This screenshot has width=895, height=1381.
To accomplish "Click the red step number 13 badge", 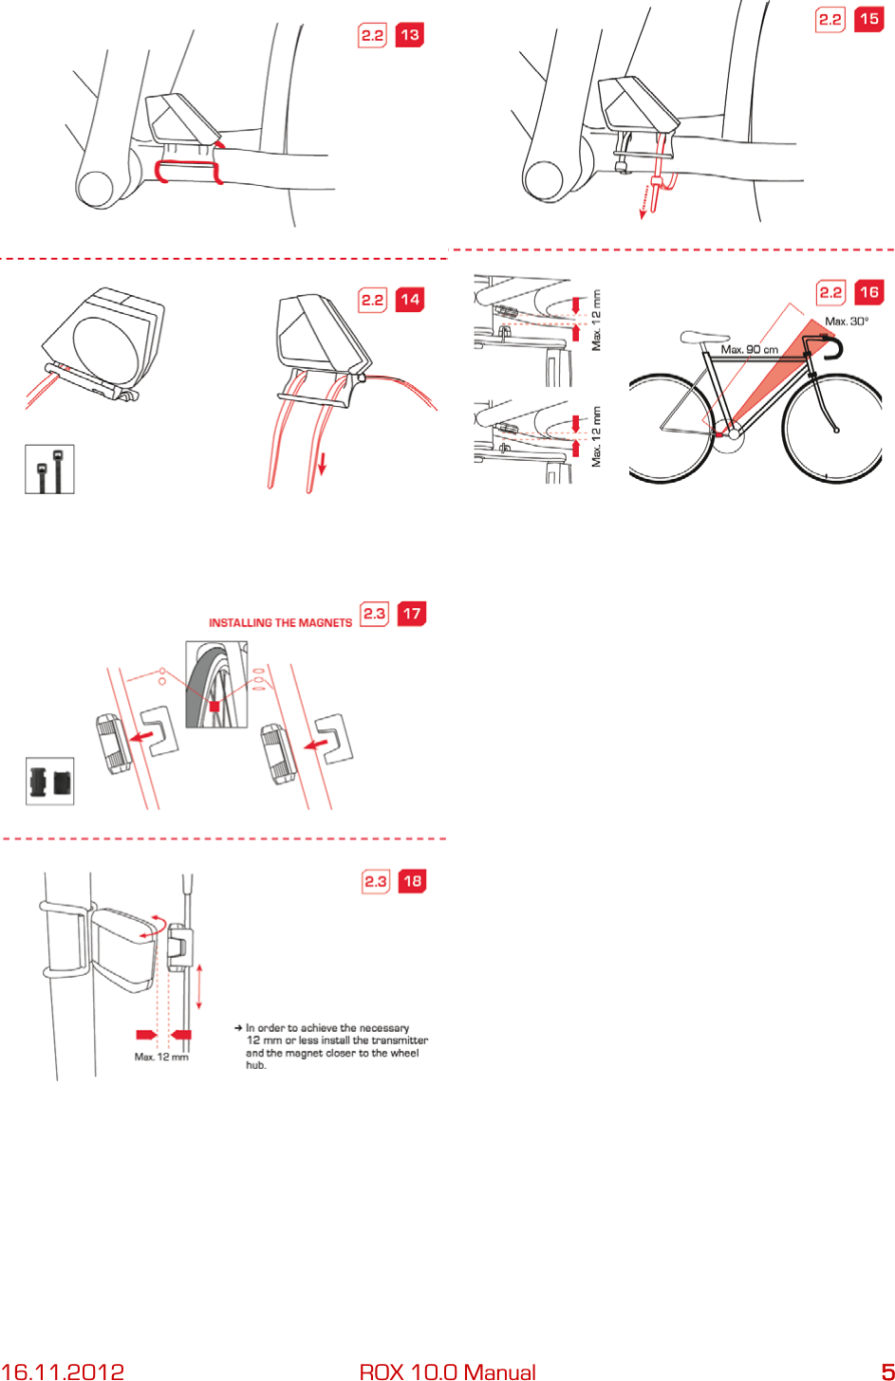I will coord(409,35).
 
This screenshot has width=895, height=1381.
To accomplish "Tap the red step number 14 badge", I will coord(409,300).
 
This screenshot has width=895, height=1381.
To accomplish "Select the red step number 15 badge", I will coord(868,19).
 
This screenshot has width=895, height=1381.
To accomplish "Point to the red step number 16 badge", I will coord(868,292).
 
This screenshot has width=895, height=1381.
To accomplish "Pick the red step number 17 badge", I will coord(412,614).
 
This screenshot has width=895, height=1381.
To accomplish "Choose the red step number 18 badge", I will coord(412,881).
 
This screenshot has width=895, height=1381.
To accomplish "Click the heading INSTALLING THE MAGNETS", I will coord(280,623).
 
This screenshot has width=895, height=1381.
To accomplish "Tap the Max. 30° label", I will coord(847,322).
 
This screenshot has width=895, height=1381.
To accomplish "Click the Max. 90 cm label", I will coord(749,349).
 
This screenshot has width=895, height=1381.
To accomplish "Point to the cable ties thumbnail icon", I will coord(49,469).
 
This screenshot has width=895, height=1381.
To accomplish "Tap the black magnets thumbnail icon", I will coord(49,781).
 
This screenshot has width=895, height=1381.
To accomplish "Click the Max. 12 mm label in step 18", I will coord(161,1057).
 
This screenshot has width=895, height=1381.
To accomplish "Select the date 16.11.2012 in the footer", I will coord(63,1372).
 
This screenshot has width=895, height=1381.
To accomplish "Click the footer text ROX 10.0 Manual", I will coord(447,1372).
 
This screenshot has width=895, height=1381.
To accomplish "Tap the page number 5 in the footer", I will coord(887,1372).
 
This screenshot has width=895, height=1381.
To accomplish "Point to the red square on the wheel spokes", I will coord(214,707).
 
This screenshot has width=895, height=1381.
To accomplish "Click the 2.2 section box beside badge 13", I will coord(372,35).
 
